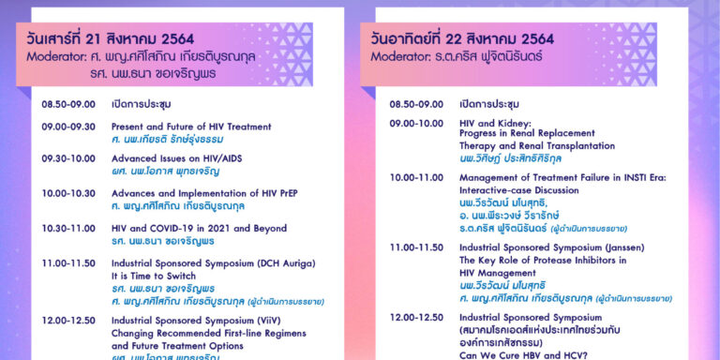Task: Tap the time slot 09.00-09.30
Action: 67,127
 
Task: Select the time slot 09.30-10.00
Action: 67,158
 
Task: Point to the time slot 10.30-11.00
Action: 67,228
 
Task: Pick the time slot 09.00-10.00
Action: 416,123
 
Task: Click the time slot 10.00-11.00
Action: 416,176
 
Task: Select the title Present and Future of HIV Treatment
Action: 190,127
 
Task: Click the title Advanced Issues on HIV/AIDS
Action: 176,158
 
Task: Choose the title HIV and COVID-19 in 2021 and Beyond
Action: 198,228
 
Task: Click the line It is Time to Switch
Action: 154,277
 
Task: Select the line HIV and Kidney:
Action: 495,123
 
